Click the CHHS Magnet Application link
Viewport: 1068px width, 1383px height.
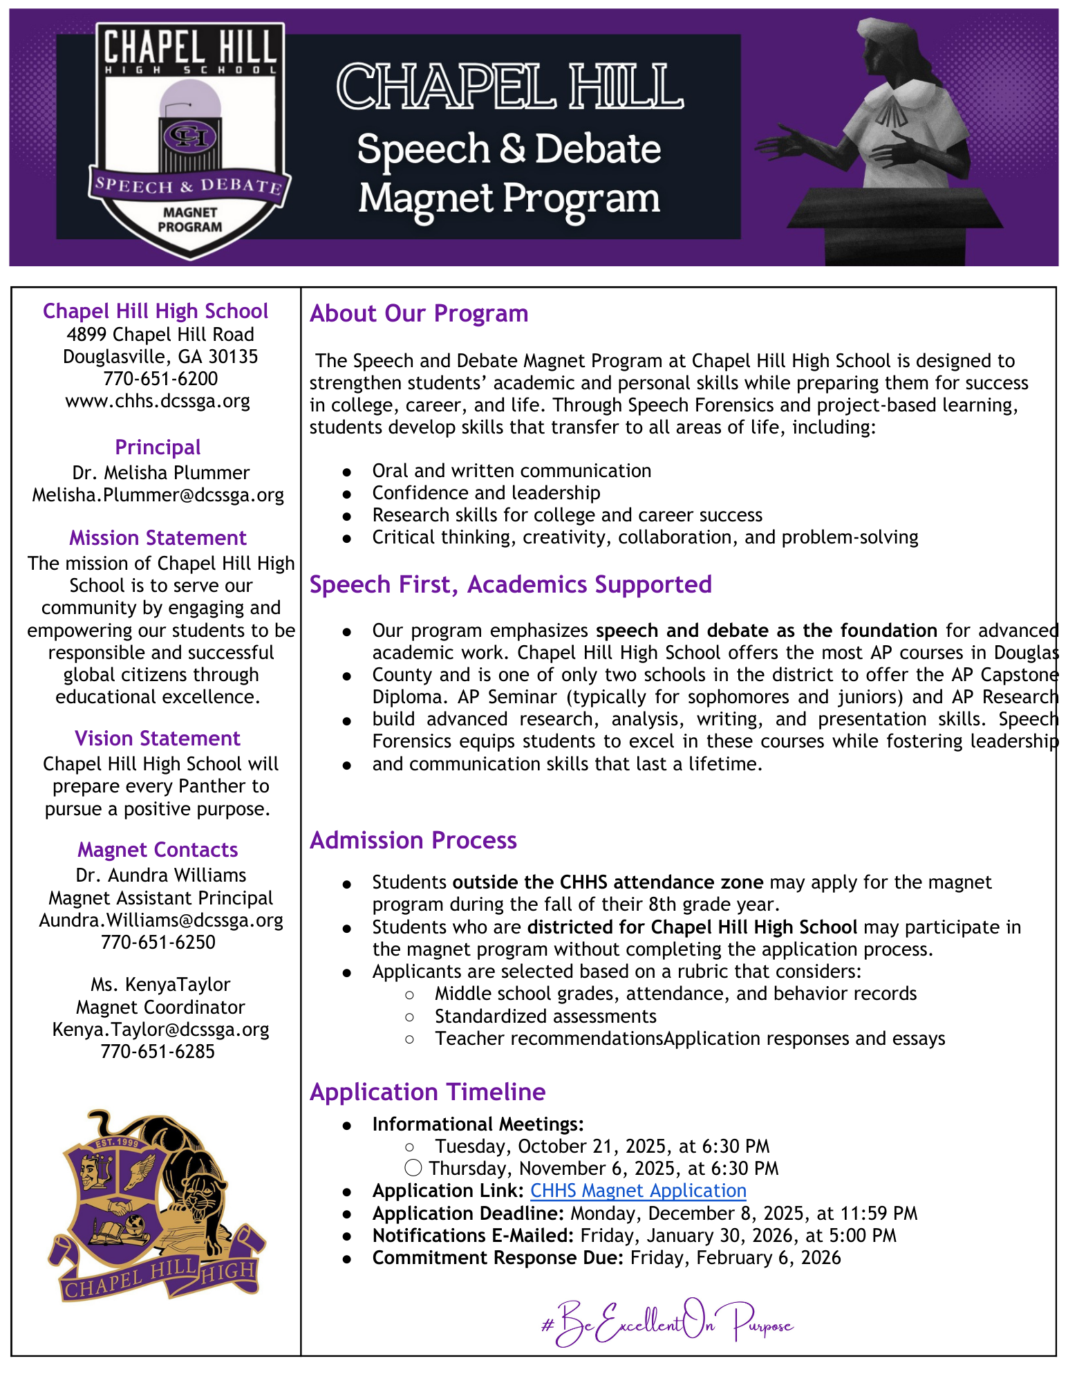(638, 1190)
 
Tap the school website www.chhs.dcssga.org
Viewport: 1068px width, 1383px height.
(158, 401)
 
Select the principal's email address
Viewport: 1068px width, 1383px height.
(158, 495)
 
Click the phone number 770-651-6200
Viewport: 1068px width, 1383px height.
(160, 379)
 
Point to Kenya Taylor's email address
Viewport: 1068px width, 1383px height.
(160, 1029)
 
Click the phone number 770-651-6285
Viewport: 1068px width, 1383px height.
(158, 1051)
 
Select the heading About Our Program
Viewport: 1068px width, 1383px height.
(419, 313)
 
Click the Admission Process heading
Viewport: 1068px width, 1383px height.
(413, 840)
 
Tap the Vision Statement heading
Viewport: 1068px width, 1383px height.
(158, 739)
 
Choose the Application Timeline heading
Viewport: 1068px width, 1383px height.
(428, 1092)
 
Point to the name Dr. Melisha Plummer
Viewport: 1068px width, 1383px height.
(160, 473)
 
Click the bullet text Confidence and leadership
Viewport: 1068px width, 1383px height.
(486, 493)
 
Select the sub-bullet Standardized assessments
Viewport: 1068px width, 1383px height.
(545, 1017)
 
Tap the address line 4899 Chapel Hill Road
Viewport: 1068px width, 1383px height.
(160, 335)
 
